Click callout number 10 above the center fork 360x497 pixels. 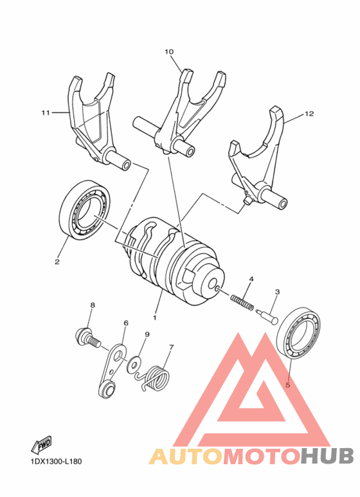pos(169,51)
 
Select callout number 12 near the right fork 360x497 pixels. pos(309,114)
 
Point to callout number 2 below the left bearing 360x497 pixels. pos(57,262)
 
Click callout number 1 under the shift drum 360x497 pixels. pos(154,317)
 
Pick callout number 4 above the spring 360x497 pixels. pos(251,279)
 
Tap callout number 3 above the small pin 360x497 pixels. pos(277,292)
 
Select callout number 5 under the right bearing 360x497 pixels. pos(287,385)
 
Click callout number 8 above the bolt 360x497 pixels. pos(92,305)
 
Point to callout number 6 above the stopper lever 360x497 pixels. pos(126,323)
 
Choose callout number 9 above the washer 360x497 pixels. pos(147,334)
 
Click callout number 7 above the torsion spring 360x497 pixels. pos(171,347)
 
